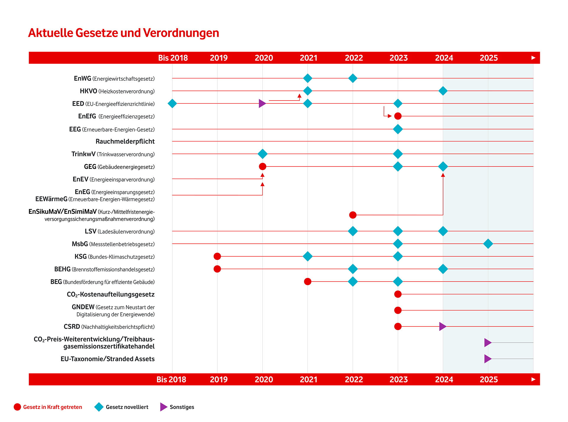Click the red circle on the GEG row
click(262, 166)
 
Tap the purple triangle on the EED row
click(262, 104)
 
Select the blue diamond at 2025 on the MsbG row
click(488, 244)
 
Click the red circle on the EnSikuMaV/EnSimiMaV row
click(353, 215)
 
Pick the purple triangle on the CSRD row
click(443, 326)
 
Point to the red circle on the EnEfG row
click(398, 116)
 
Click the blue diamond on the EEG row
click(398, 129)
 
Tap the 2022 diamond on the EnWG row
click(353, 78)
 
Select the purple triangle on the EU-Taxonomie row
click(488, 359)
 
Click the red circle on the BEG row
click(308, 282)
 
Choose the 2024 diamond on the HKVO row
click(443, 91)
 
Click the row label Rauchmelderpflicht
click(125, 141)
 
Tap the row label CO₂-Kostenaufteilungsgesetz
click(111, 295)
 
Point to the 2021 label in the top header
click(309, 58)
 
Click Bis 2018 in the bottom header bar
click(171, 379)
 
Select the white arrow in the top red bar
click(533, 58)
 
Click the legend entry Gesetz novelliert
click(127, 407)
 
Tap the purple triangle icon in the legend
click(163, 407)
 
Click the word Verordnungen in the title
click(181, 33)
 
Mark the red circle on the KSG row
click(217, 256)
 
